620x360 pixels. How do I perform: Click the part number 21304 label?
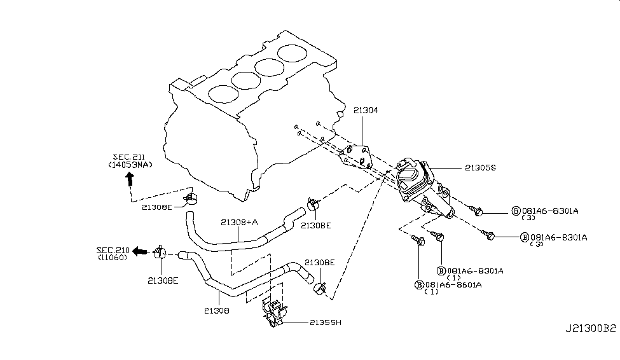pos(366,110)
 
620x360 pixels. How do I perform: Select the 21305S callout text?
pos(480,168)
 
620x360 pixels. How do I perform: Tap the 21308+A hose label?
pos(239,223)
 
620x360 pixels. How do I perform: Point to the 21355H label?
pos(326,322)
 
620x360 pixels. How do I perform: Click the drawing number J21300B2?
pos(590,328)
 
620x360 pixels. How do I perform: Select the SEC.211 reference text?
pos(129,157)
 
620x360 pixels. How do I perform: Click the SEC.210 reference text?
pos(113,250)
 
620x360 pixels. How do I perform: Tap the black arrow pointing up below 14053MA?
pos(130,179)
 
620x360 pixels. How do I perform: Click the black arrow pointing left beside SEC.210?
pos(139,251)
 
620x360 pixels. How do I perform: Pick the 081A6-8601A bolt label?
pos(453,285)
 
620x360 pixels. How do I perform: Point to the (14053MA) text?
pos(130,165)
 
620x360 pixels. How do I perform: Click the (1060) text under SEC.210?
pos(113,257)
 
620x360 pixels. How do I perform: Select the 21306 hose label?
pos(217,311)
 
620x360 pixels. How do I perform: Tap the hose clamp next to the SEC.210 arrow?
pos(160,252)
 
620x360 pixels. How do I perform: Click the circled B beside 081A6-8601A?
pos(419,285)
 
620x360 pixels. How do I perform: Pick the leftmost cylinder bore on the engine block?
pos(223,94)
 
